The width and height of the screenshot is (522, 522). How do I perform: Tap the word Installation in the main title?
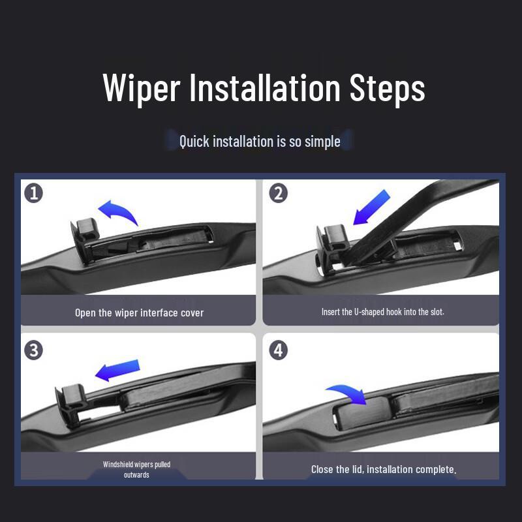(265, 87)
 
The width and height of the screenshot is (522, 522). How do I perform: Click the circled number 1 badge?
(34, 193)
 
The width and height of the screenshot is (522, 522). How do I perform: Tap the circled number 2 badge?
(279, 193)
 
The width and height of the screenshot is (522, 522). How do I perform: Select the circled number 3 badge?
(34, 350)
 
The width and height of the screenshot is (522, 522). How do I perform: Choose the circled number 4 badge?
(279, 350)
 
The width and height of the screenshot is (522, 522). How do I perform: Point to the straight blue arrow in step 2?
(371, 207)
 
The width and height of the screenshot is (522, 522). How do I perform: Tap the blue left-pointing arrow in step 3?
(117, 371)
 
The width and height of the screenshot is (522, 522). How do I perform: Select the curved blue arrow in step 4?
(348, 394)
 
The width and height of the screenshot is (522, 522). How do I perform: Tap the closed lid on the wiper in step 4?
(361, 413)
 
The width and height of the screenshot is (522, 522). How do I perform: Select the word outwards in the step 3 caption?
(136, 475)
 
